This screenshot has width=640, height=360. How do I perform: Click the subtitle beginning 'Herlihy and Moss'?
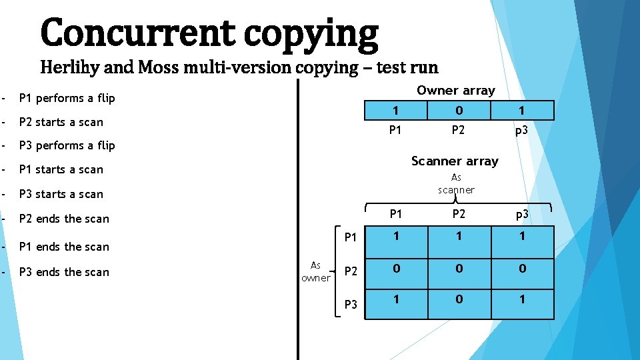pos(239,67)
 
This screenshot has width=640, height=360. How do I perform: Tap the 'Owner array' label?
pos(456,90)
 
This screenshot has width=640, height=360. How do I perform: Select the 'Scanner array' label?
pos(455,161)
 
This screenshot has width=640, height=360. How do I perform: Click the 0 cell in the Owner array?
pos(459,110)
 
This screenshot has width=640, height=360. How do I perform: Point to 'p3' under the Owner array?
pos(521,130)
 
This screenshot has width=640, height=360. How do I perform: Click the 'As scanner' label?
pos(456,183)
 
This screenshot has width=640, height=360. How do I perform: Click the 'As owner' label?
pos(315,271)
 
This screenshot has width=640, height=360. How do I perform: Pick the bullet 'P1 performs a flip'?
pos(67,98)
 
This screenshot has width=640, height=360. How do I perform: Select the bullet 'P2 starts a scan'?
pos(61,122)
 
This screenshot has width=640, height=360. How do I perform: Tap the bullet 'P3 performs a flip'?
pos(67,145)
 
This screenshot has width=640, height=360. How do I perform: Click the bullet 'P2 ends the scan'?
pos(64,219)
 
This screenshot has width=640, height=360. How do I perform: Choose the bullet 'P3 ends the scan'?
pos(64,272)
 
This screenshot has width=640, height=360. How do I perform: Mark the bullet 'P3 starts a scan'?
pos(61,194)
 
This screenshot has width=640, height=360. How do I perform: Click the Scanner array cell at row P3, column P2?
pos(459,300)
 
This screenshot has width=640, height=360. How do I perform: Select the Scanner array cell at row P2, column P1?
pos(396,269)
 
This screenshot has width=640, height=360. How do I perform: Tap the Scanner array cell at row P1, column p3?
pos(522,236)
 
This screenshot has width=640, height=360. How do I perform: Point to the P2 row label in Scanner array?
pos(351,271)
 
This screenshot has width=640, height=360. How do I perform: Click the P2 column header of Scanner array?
pos(458,214)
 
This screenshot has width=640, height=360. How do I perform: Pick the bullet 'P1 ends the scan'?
pos(64,247)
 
